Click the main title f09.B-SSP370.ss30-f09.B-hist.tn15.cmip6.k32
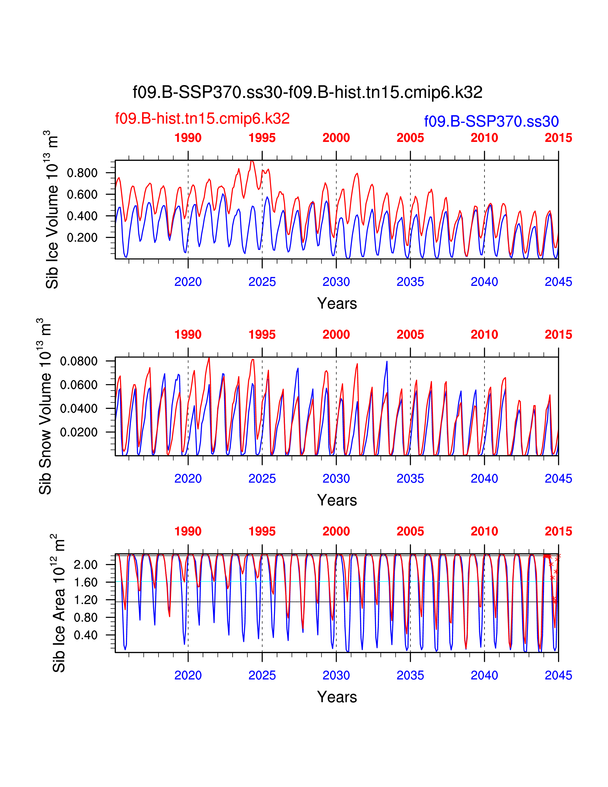click(307, 92)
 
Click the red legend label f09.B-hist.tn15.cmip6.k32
click(202, 119)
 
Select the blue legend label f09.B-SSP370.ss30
click(491, 121)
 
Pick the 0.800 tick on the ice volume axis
click(82, 173)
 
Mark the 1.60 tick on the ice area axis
click(86, 582)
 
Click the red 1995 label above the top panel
click(262, 138)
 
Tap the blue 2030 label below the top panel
click(336, 282)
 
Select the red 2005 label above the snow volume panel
click(410, 334)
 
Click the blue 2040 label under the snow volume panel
click(484, 479)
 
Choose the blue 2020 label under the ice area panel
click(188, 675)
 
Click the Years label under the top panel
click(337, 303)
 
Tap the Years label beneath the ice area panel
click(337, 697)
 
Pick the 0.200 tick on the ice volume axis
click(82, 238)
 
